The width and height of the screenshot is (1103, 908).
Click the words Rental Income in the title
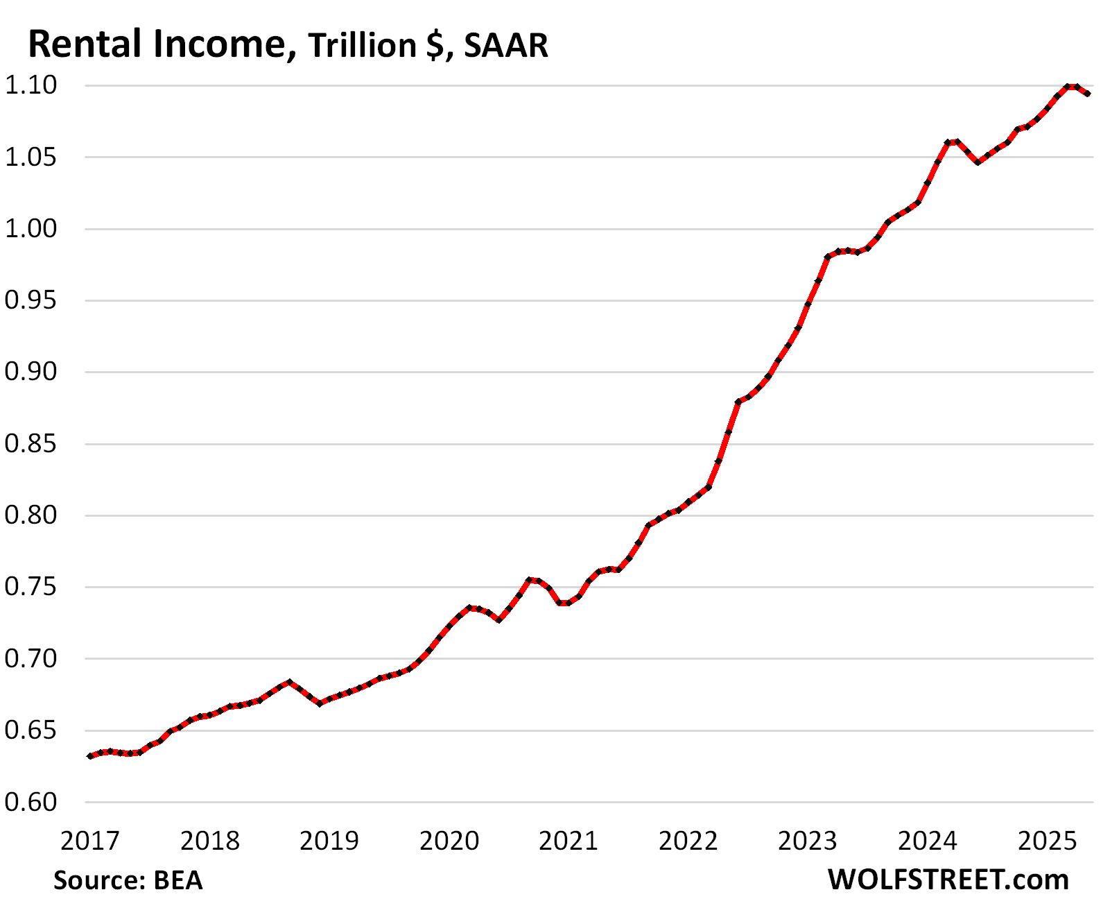(x=157, y=44)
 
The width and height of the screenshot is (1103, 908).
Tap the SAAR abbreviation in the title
(x=506, y=46)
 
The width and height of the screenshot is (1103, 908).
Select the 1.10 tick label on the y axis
(x=31, y=85)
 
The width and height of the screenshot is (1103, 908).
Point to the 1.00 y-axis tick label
(x=31, y=228)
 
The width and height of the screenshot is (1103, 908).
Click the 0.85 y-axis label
(x=31, y=443)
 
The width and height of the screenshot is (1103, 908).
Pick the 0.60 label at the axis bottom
(x=31, y=802)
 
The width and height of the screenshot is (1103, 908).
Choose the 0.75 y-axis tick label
(x=31, y=587)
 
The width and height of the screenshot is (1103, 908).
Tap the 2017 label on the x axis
(x=90, y=841)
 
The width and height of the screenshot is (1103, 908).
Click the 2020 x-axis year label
(x=449, y=841)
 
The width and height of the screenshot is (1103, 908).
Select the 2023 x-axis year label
(x=808, y=841)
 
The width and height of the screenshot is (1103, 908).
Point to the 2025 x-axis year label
(x=1047, y=841)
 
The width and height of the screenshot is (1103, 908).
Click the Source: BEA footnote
(x=128, y=880)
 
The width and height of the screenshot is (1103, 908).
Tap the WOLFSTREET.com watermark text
(x=948, y=880)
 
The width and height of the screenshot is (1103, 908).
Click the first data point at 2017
(x=90, y=756)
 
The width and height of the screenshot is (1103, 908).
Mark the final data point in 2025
(x=1088, y=94)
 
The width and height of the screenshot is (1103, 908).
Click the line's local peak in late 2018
(x=290, y=682)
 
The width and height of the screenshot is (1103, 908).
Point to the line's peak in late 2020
(x=530, y=579)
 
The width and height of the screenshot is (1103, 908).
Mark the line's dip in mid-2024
(x=978, y=162)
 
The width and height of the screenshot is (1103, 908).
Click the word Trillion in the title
(x=362, y=46)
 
